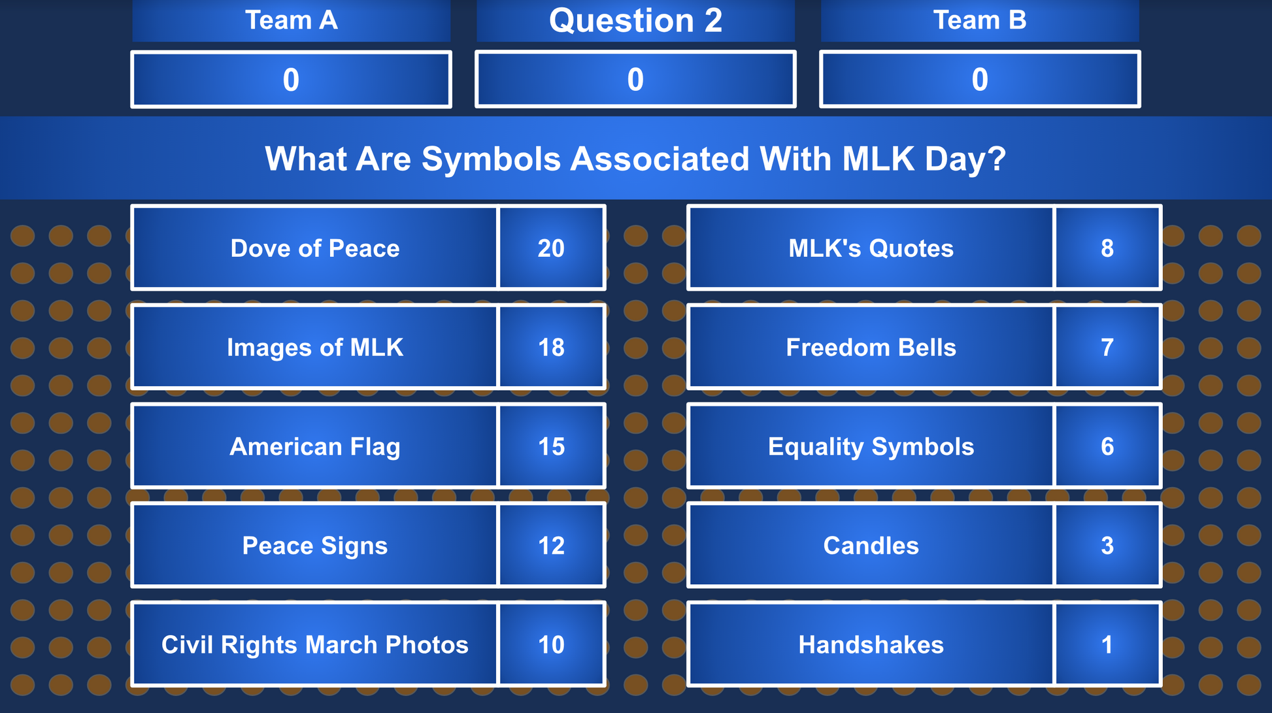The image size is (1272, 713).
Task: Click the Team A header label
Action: [x=291, y=20]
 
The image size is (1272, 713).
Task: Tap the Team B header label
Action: [x=979, y=20]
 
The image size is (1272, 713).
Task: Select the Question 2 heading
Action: [x=635, y=20]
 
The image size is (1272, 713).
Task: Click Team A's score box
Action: [x=291, y=79]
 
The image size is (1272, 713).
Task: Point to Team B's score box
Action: [x=980, y=79]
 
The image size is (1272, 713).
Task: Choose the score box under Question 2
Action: [x=635, y=79]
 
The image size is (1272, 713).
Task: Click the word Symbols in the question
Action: [x=491, y=159]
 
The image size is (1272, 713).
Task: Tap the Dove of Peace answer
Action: [x=314, y=248]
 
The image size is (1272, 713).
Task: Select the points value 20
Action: [x=551, y=248]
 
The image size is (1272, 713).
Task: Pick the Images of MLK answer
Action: [x=314, y=348]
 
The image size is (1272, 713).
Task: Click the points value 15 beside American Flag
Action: [x=551, y=447]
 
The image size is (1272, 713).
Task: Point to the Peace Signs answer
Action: [x=314, y=546]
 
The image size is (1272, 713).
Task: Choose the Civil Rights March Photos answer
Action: [x=314, y=645]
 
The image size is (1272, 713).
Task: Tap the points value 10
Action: [x=551, y=645]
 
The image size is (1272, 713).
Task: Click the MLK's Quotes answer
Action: [x=871, y=248]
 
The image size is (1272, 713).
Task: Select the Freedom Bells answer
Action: [x=871, y=348]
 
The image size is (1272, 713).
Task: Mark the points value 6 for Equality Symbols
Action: [x=1107, y=447]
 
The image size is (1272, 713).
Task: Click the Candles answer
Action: [x=871, y=546]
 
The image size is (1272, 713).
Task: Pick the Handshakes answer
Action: [x=871, y=645]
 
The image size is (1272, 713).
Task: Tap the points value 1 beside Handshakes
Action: [x=1107, y=645]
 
